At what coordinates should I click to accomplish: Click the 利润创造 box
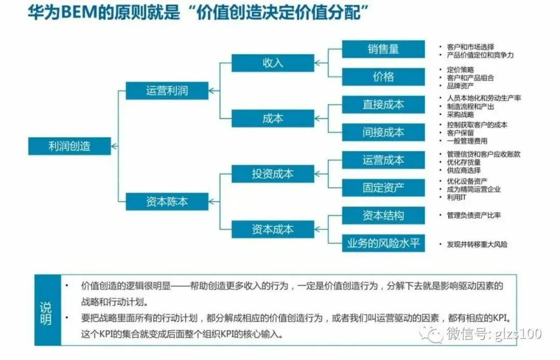[x=69, y=146]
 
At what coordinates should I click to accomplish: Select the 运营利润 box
[x=167, y=91]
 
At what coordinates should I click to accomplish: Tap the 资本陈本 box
[x=167, y=202]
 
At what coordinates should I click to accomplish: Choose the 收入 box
[x=273, y=63]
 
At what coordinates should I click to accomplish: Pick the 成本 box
[x=273, y=118]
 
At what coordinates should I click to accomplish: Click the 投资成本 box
[x=273, y=174]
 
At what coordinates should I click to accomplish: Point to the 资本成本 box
[x=273, y=229]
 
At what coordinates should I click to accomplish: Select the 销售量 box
[x=383, y=49]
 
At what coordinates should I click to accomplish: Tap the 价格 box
[x=383, y=77]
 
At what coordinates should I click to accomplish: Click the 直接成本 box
[x=383, y=104]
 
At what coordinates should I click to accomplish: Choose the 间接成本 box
[x=383, y=132]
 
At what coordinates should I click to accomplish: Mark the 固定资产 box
[x=383, y=187]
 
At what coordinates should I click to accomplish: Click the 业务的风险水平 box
[x=383, y=243]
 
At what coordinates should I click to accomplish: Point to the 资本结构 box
[x=383, y=215]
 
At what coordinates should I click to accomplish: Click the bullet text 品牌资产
[x=460, y=86]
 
